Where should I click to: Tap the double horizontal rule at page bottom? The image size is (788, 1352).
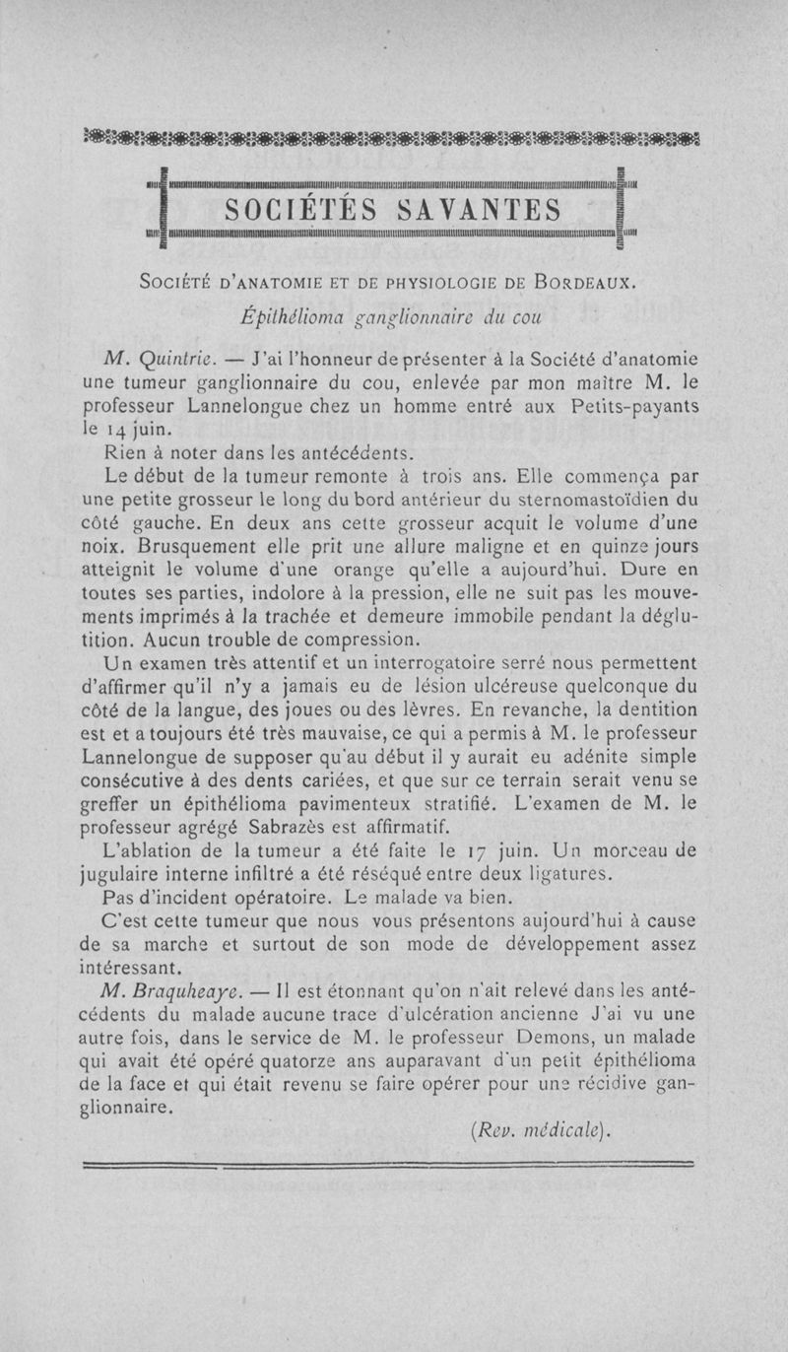coord(394,1167)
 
